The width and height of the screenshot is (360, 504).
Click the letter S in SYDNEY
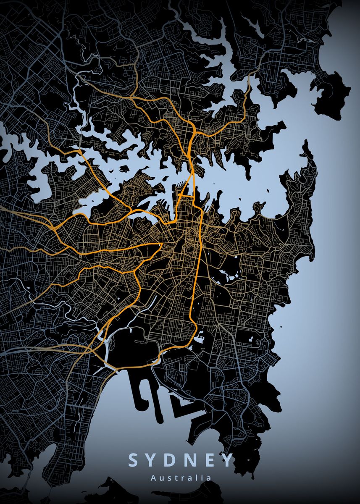[x=133, y=460]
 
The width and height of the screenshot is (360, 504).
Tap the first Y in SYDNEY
[x=152, y=460]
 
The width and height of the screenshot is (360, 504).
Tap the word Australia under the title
[x=180, y=478]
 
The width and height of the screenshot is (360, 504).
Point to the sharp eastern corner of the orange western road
[x=162, y=243]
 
